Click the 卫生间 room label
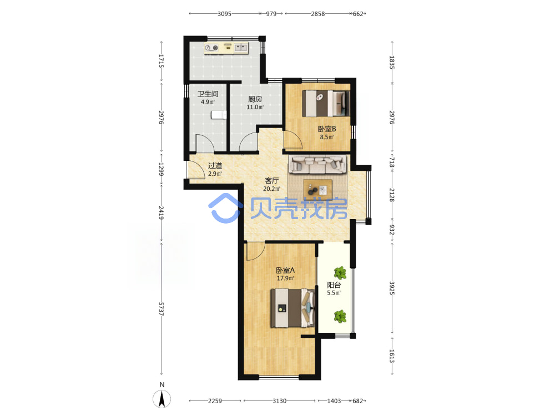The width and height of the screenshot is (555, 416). coord(208,94)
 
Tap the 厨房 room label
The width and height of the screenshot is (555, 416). coord(255,99)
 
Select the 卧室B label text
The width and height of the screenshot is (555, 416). coord(327,129)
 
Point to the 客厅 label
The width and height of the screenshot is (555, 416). coord(271,181)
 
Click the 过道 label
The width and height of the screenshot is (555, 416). coord(215,165)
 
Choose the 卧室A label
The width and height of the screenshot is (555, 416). coord(285,271)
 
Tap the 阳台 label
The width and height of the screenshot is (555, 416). coord(334,285)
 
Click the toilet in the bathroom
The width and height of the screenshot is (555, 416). coord(219,115)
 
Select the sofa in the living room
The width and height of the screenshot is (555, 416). coord(317,164)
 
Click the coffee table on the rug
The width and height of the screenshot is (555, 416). coord(317,189)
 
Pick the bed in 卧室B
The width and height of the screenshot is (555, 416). coord(326,103)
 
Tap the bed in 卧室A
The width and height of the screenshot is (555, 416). coord(292,308)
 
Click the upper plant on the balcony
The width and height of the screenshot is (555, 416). coord(340,273)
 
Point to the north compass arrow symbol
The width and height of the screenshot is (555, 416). coord(162,399)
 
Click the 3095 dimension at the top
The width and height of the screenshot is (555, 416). coord(224,14)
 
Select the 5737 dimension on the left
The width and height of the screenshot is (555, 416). coord(162,309)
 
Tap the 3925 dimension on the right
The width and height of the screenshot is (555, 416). coord(392,288)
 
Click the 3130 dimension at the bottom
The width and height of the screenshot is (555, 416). coord(279,401)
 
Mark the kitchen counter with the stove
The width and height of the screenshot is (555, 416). coord(226,48)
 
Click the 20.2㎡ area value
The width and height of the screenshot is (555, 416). coord(271,189)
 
